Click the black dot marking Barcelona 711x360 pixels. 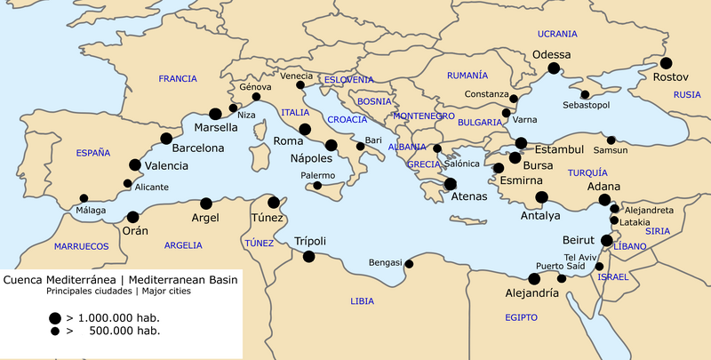coord(166,139)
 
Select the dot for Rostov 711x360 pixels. coord(666,63)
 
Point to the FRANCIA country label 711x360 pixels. coord(178,79)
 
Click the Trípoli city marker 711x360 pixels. coord(308,257)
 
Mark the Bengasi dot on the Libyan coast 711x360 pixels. coord(409,263)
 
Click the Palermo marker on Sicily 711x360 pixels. coord(317,186)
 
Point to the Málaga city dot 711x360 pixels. coord(84,198)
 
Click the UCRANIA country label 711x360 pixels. coord(557,34)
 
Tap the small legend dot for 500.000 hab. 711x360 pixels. coord(55,331)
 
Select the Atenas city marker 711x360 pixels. coord(450,184)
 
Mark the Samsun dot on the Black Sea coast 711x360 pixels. coord(611,140)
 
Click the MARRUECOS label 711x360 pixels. coord(81,245)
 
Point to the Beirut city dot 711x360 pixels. coord(606,240)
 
